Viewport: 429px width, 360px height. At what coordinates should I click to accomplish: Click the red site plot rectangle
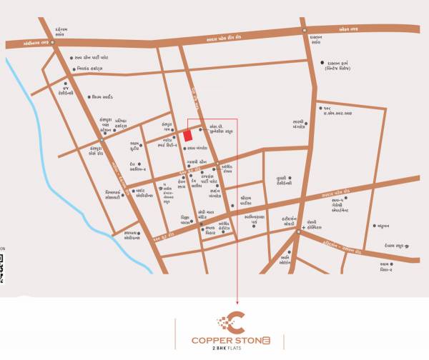pyautogui.click(x=187, y=135)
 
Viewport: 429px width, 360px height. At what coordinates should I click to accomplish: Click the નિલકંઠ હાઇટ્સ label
pyautogui.click(x=99, y=69)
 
